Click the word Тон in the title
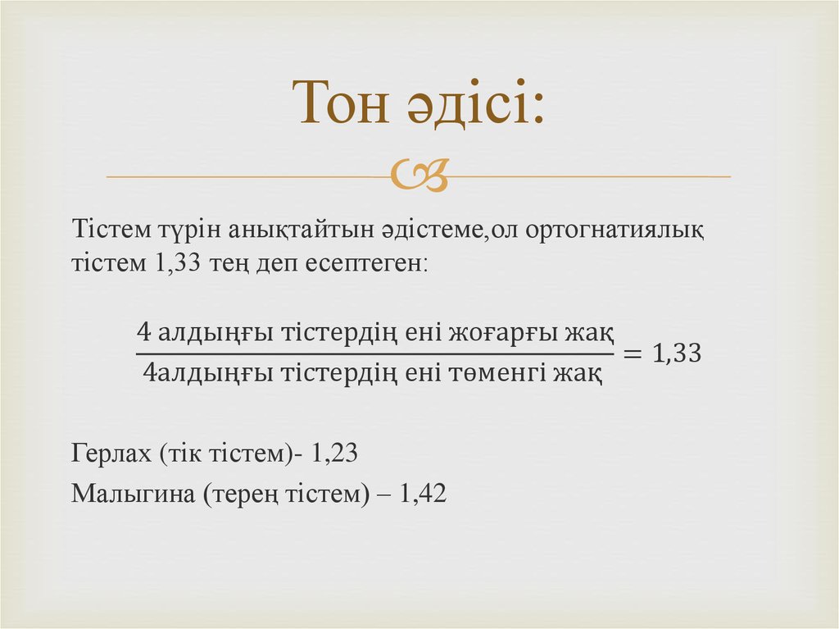[345, 103]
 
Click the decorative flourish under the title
[419, 175]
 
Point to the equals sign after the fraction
[633, 354]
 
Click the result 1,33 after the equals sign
[677, 354]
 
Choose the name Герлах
[111, 453]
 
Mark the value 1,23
[335, 453]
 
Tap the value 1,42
[423, 494]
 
